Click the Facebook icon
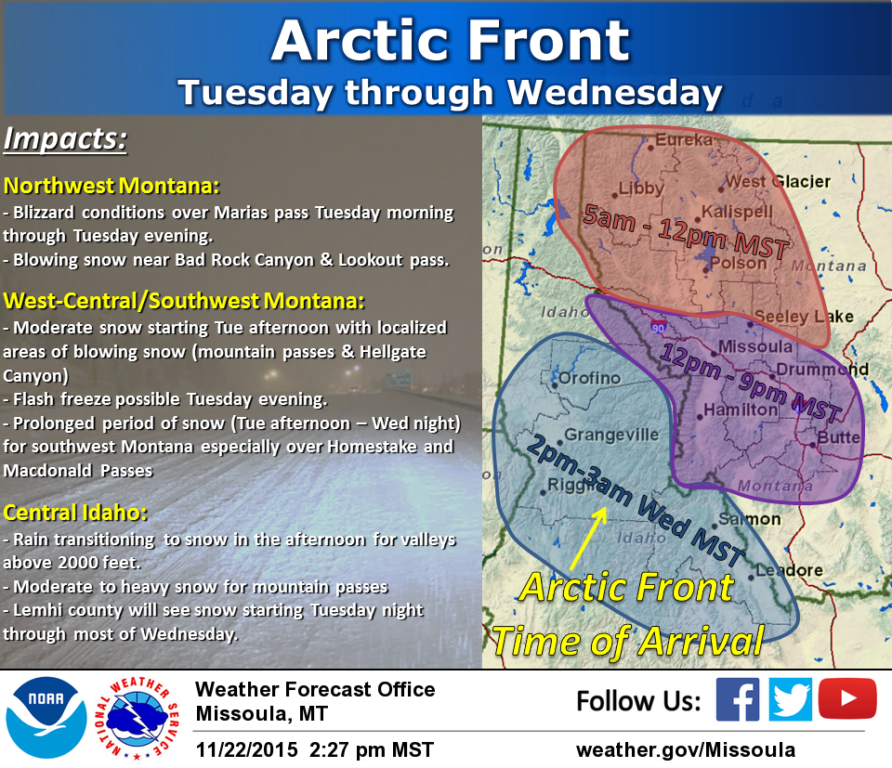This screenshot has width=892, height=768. point(738,700)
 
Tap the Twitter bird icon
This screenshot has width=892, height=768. point(792,700)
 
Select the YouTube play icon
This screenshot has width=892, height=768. point(847,699)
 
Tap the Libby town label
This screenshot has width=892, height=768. point(641,189)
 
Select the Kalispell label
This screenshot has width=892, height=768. point(738,213)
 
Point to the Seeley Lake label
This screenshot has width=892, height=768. point(803,317)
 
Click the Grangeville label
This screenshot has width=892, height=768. point(611,434)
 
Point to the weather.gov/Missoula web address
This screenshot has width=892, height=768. point(686,749)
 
